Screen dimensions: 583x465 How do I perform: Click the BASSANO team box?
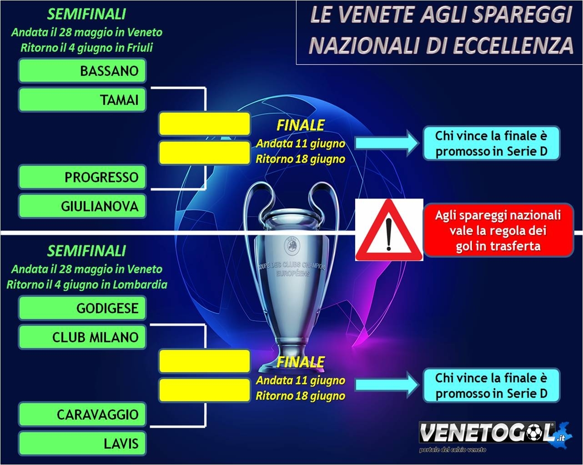point(82,71)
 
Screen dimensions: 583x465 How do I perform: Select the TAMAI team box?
point(82,100)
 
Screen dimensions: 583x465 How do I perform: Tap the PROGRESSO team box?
point(82,177)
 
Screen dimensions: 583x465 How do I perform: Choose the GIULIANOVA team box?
point(82,206)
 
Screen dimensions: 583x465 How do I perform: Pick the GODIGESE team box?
point(82,308)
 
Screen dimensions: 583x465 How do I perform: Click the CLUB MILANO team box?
point(82,337)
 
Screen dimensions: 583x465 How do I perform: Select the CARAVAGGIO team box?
point(82,415)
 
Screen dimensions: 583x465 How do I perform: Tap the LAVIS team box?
point(82,443)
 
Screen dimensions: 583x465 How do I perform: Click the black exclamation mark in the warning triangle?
point(389,235)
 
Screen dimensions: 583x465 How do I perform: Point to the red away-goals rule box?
point(498,230)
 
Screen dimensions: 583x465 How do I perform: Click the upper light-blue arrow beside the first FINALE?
point(387,143)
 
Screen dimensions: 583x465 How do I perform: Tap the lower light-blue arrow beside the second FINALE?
point(387,385)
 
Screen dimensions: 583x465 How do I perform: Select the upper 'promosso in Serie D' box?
point(491,143)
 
